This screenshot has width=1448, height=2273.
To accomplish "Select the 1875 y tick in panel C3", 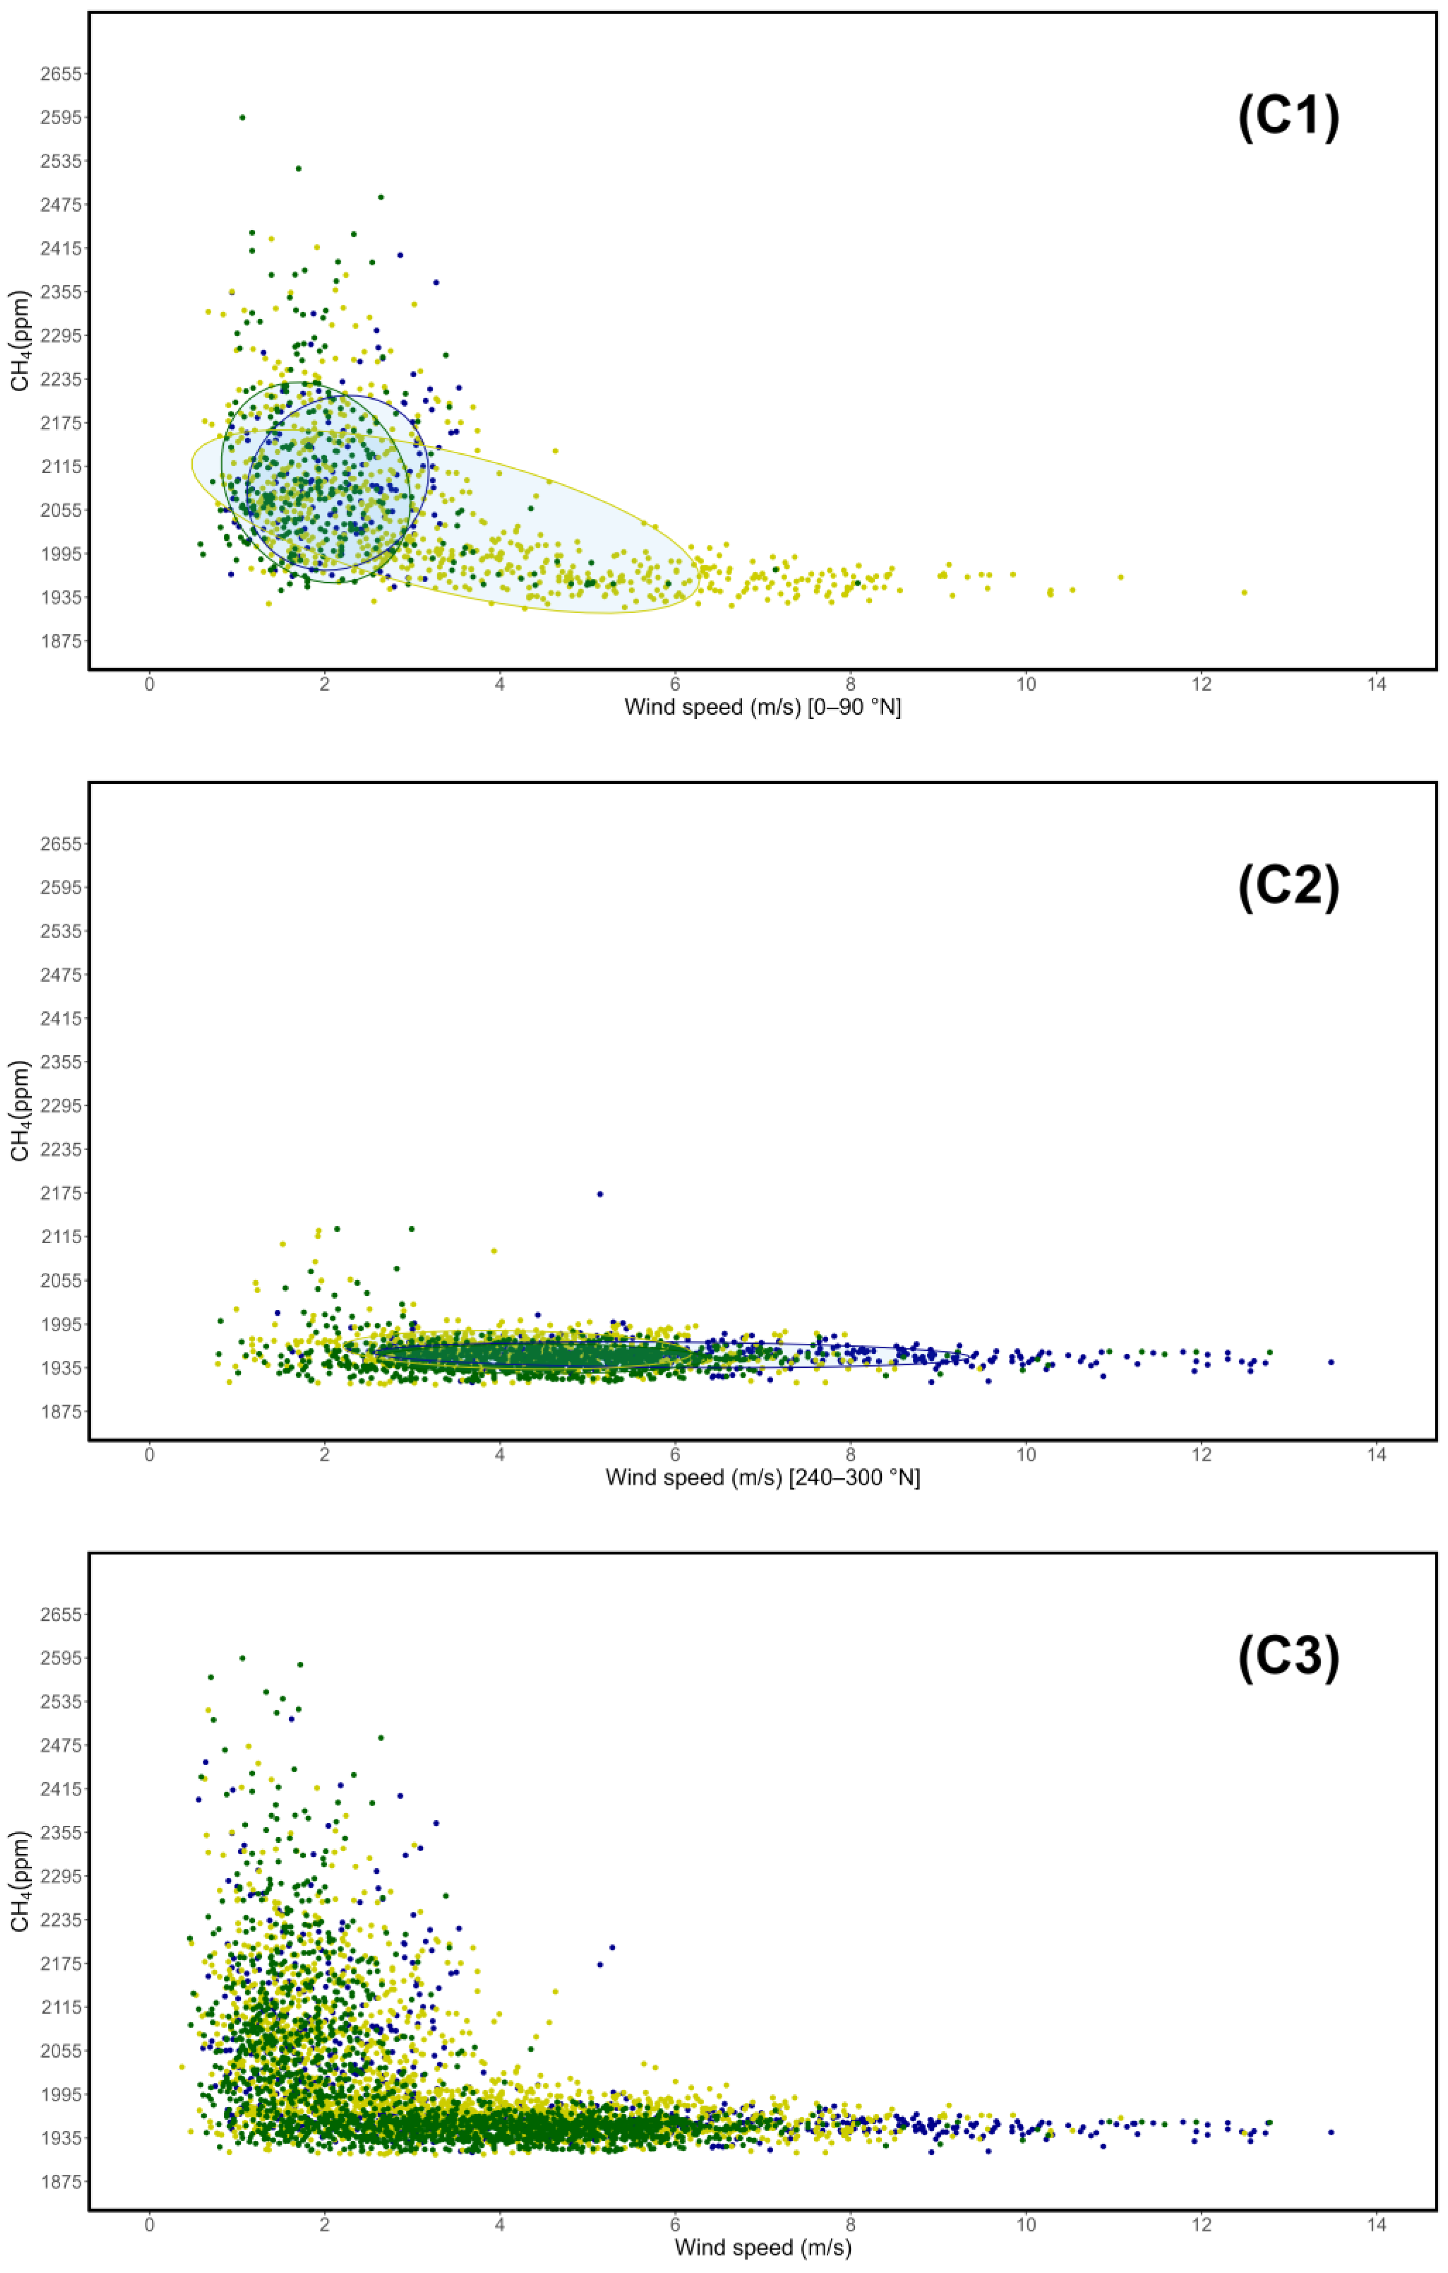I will tap(60, 2181).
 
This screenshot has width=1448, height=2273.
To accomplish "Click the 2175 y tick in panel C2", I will tap(60, 1193).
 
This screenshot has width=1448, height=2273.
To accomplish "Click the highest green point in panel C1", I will tap(243, 117).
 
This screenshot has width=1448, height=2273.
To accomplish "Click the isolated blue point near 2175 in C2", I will tap(600, 1194).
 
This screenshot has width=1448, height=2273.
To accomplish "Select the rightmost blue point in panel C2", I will tap(1331, 1362).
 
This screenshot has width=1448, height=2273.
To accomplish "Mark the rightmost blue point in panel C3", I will tap(1331, 2132).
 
